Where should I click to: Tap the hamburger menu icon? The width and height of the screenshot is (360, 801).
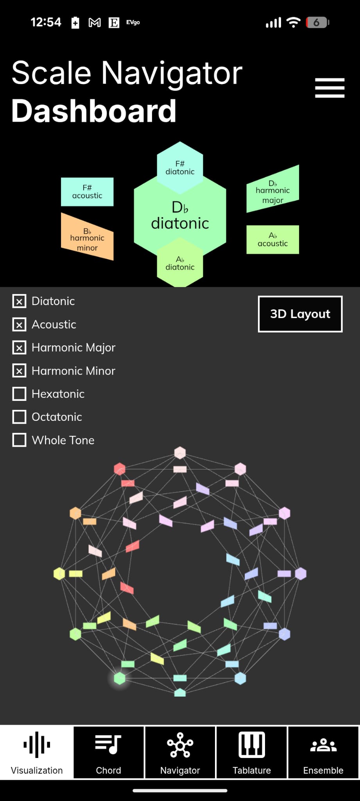point(330,88)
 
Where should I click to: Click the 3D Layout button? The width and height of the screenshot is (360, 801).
point(300,314)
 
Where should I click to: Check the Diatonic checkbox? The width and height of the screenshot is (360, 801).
point(20,301)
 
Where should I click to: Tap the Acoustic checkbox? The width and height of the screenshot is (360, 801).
point(20,324)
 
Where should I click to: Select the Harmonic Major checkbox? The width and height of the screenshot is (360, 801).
point(20,347)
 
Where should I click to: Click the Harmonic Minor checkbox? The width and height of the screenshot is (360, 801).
point(20,371)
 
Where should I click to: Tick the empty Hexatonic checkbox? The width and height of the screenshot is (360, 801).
point(20,394)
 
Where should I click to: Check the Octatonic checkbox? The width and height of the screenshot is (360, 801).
point(20,417)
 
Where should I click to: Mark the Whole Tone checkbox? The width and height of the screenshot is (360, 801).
point(20,440)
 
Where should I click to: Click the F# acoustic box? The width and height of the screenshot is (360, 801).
point(87,192)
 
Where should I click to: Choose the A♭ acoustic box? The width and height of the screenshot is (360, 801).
point(272,239)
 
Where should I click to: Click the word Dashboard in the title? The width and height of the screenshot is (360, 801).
point(94,111)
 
